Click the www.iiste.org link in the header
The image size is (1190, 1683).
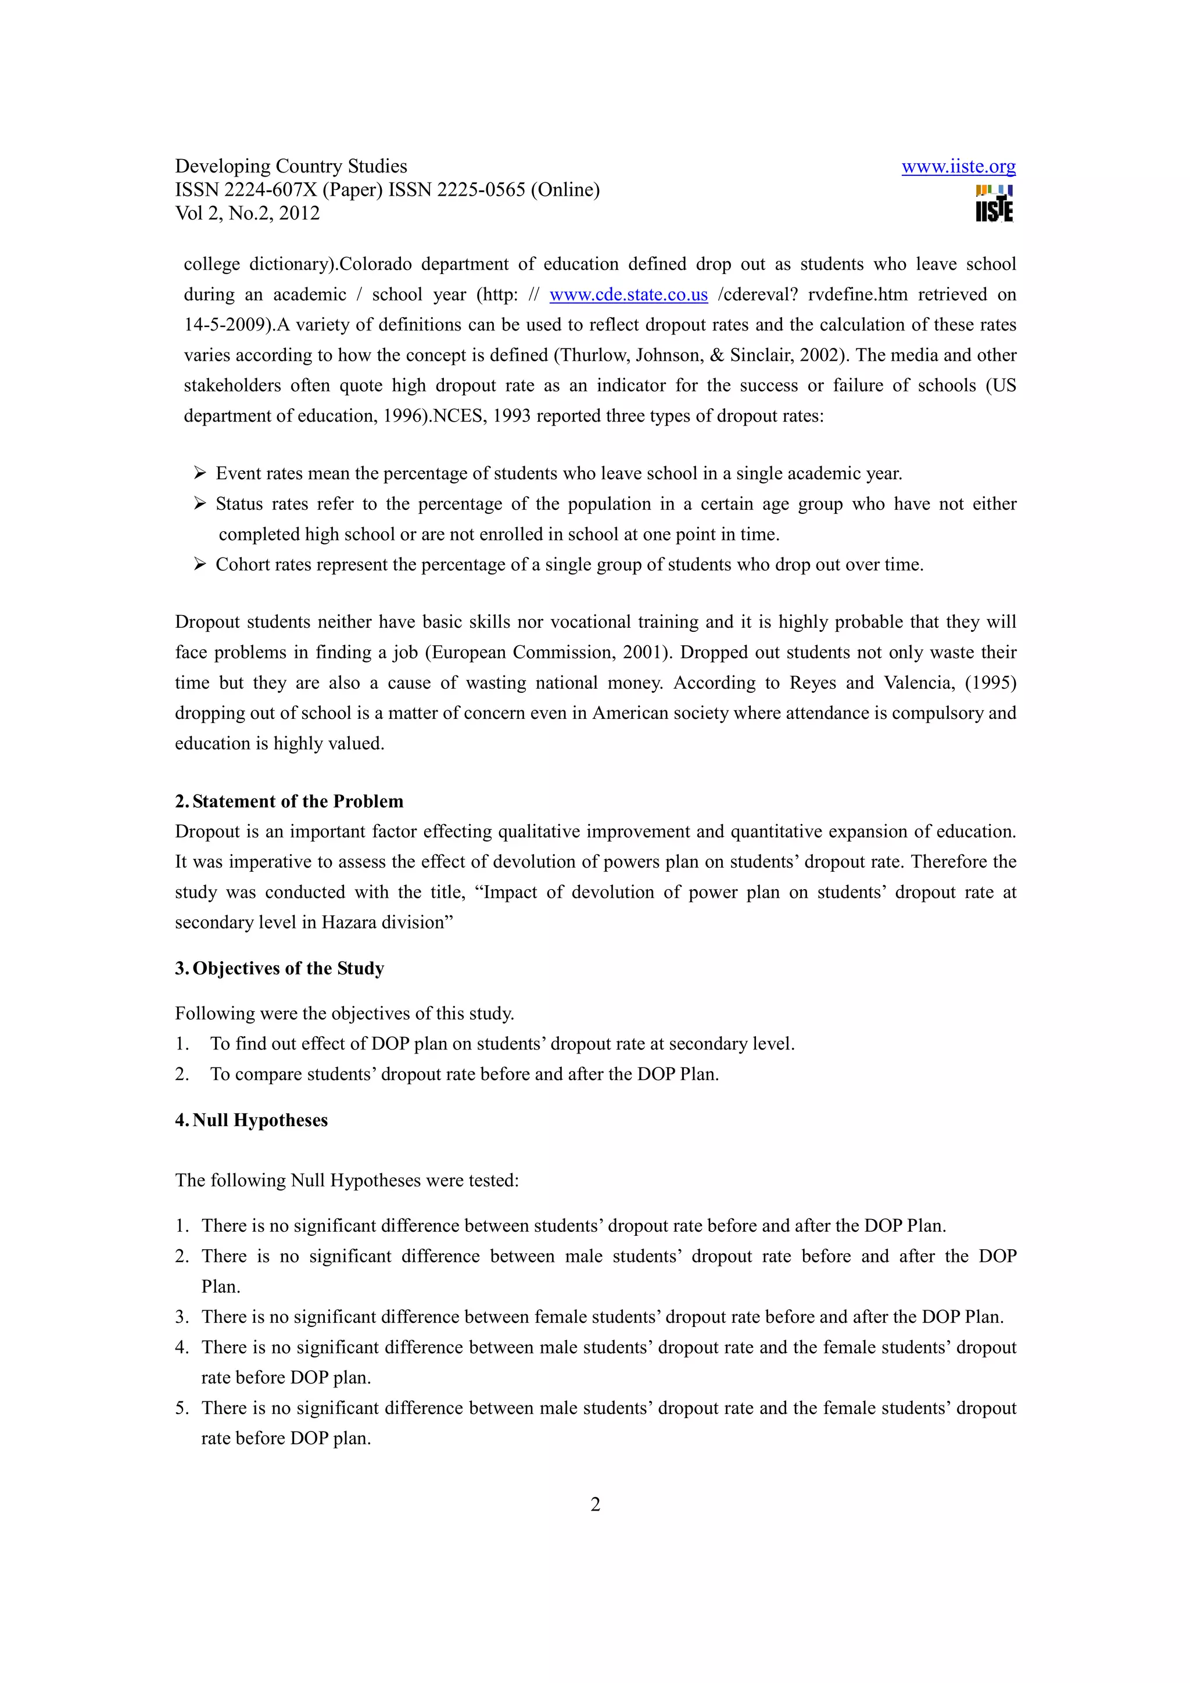pos(958,167)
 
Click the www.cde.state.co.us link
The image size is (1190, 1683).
pos(628,294)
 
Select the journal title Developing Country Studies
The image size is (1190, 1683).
pos(291,167)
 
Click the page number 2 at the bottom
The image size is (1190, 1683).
pos(594,1505)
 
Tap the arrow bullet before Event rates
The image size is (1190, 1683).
pos(199,473)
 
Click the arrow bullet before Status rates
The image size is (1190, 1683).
pos(199,504)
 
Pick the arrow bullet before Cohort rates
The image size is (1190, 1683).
pos(199,564)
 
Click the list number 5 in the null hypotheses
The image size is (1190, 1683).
pos(180,1408)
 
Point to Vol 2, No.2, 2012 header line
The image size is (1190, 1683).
pos(247,213)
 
